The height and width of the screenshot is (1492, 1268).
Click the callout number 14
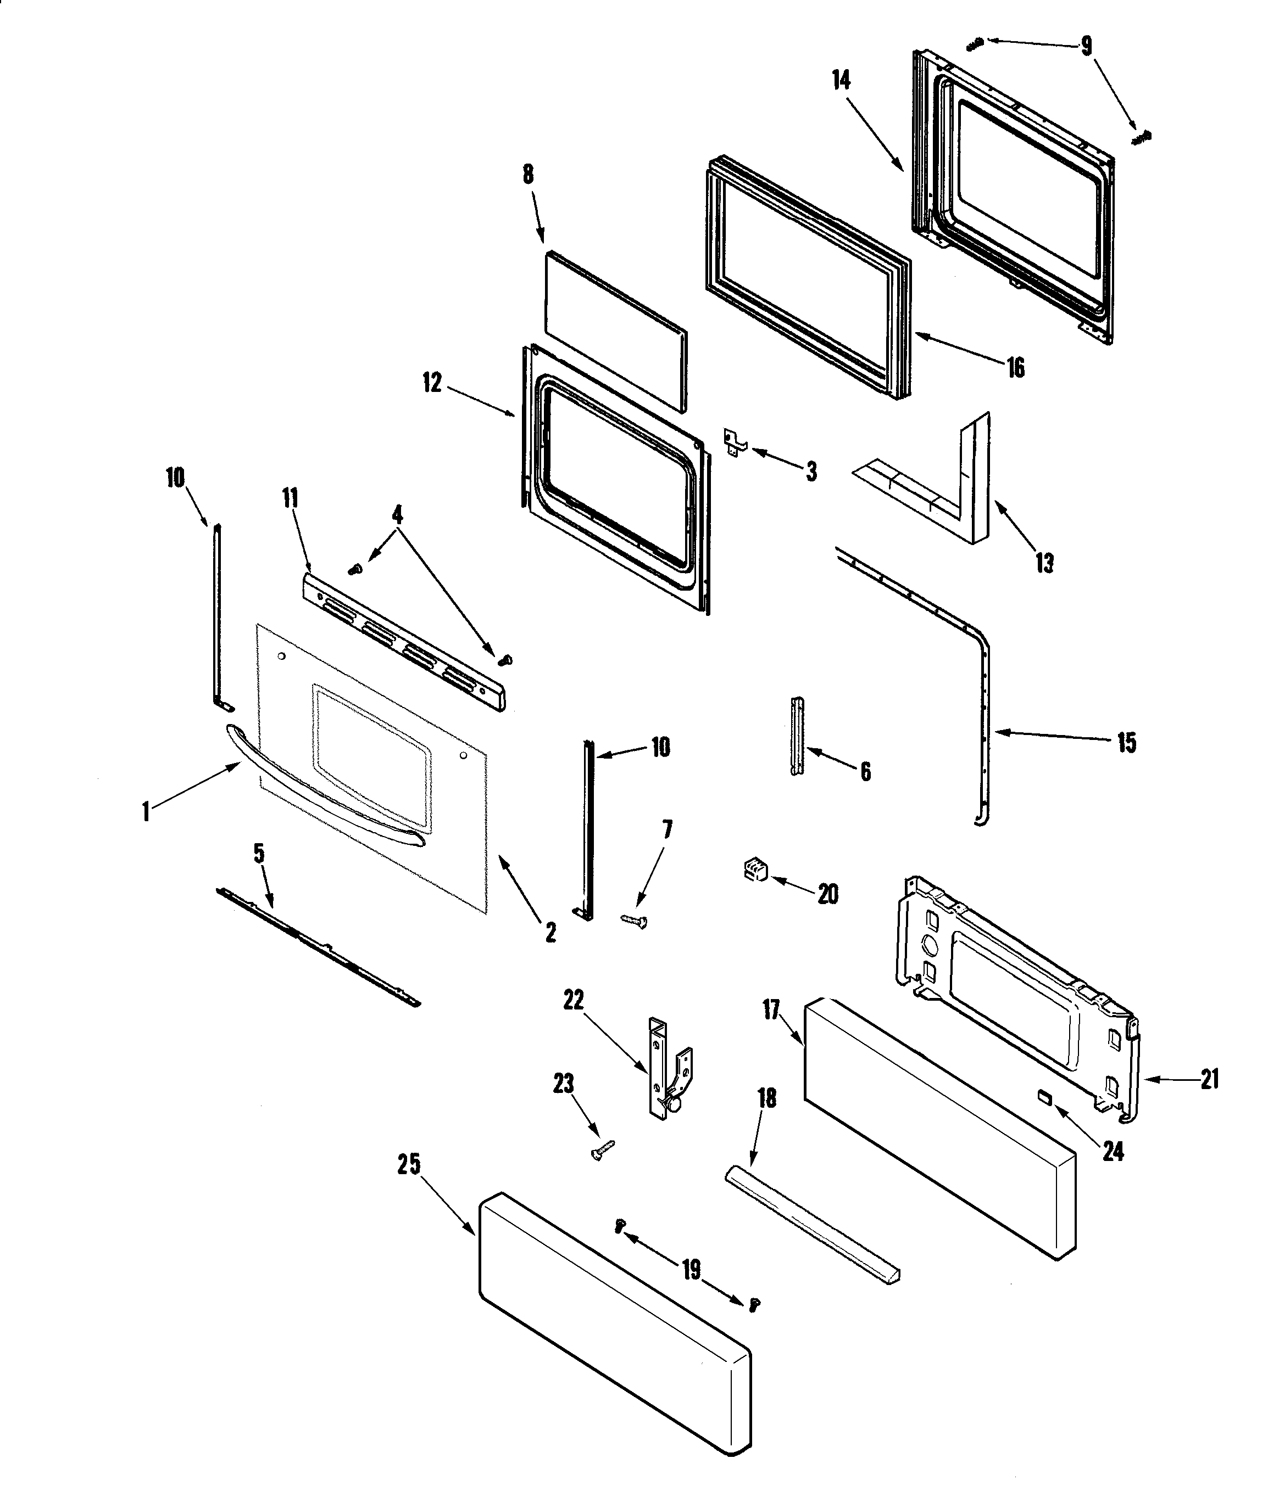[841, 81]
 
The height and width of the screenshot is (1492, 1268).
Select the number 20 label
[828, 894]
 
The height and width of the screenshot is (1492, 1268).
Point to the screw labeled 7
[633, 920]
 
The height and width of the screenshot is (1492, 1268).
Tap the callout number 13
[1044, 563]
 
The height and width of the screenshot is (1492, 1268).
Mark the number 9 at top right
[1086, 47]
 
